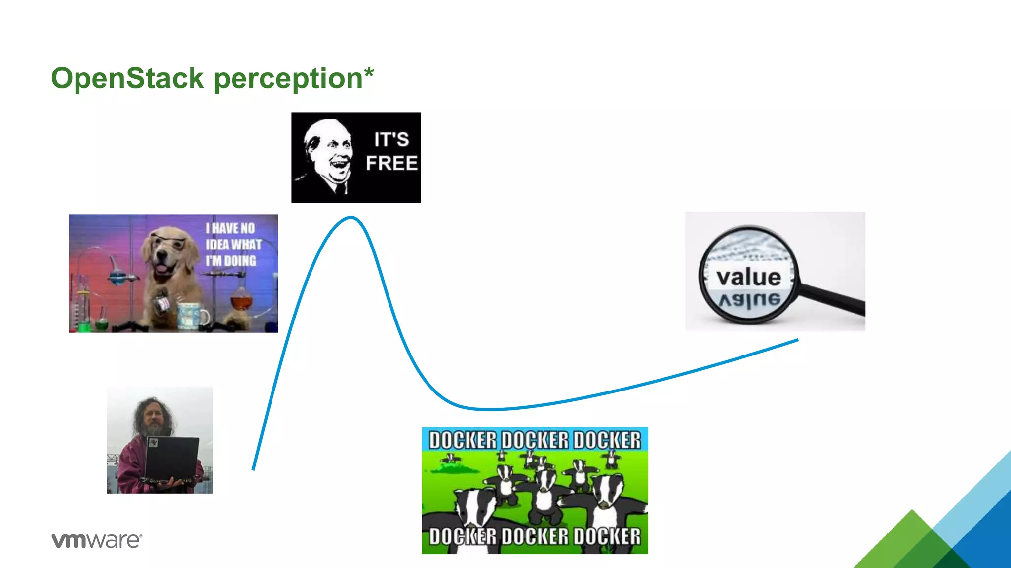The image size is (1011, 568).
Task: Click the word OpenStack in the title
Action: (x=127, y=78)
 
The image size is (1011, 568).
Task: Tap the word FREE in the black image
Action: (x=391, y=163)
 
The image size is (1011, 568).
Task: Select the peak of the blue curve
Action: (x=350, y=217)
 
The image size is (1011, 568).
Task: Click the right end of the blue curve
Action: (x=797, y=340)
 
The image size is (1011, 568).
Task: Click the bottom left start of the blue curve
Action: (x=253, y=468)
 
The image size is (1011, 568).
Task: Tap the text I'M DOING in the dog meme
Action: (x=232, y=261)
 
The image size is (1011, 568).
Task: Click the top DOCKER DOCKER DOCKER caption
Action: (x=535, y=440)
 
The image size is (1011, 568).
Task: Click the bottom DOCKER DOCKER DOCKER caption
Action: (x=535, y=536)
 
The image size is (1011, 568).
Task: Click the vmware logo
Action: (x=97, y=540)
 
